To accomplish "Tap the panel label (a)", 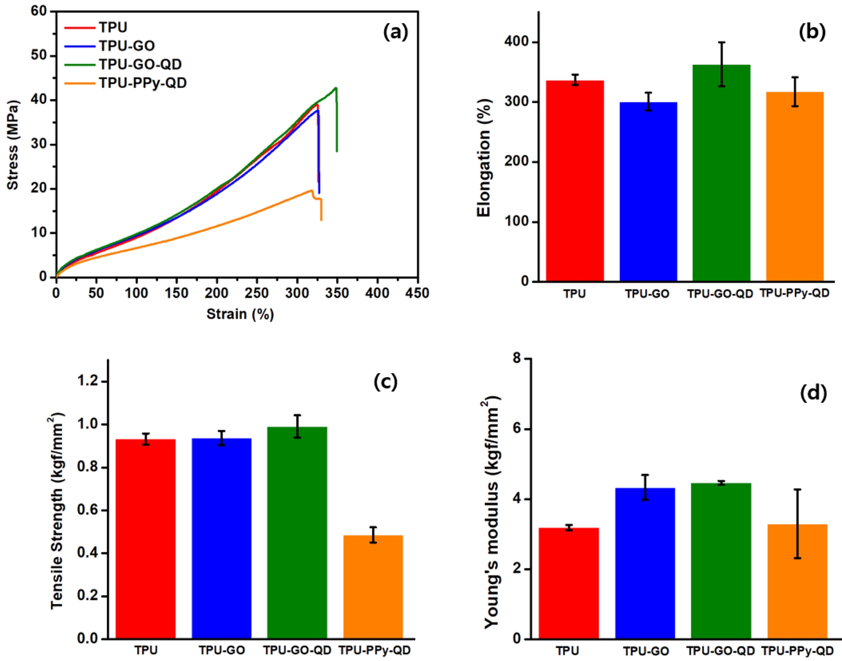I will [395, 32].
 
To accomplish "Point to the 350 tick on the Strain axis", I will [337, 293].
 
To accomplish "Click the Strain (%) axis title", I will [240, 314].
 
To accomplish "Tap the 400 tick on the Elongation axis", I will [516, 42].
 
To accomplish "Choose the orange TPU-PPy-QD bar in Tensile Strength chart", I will [373, 586].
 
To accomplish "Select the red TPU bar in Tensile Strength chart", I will [145, 538].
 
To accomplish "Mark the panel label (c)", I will [385, 382].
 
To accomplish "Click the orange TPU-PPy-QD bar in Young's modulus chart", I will [797, 581].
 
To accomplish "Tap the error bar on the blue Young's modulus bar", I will [645, 487].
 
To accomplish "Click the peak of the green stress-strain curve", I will [336, 88].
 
